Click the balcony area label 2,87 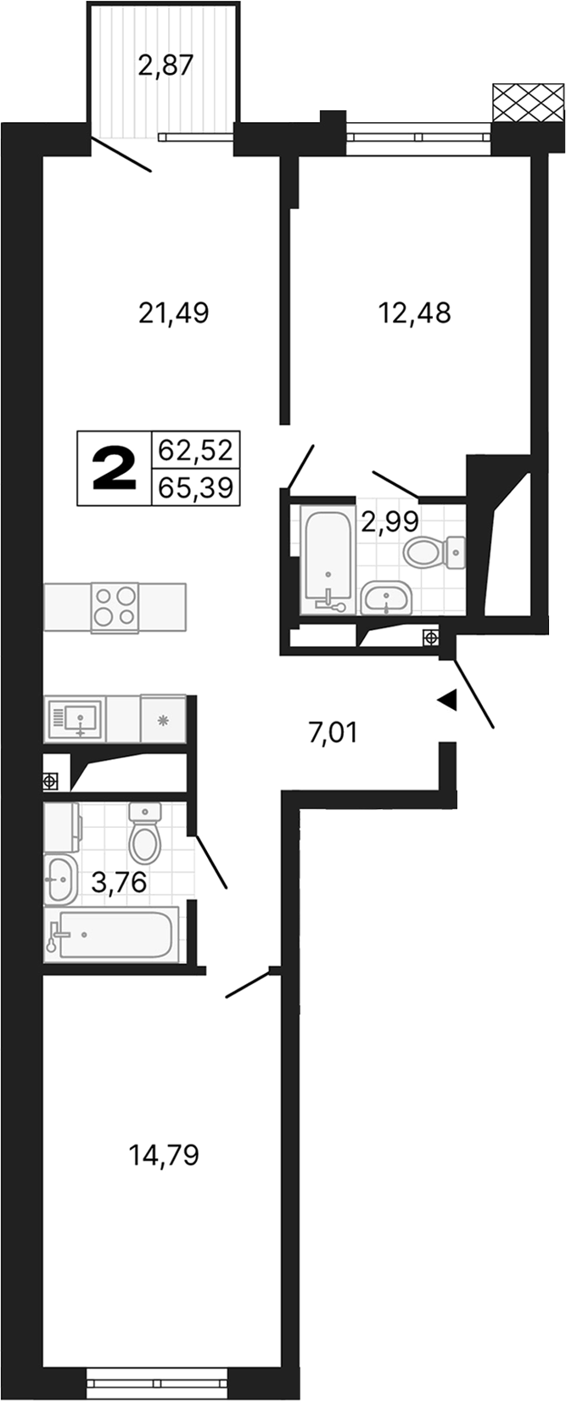166,65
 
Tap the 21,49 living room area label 173,314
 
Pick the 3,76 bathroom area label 119,883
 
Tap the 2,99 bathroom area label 389,519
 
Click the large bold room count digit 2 114,469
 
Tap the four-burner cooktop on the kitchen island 114,607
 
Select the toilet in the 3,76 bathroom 145,834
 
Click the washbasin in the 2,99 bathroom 386,598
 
